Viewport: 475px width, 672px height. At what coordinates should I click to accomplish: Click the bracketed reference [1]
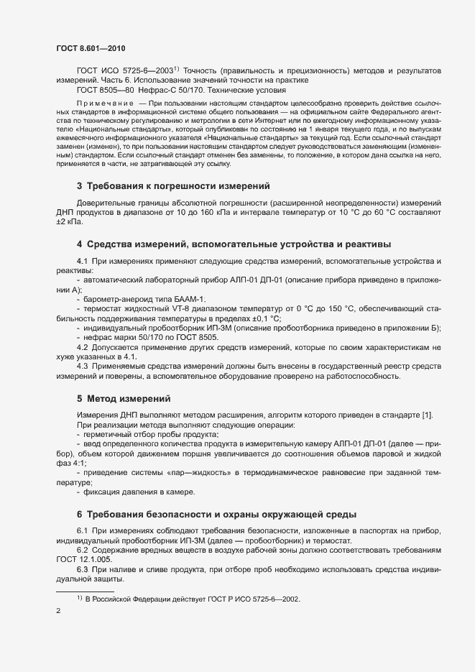tap(426, 417)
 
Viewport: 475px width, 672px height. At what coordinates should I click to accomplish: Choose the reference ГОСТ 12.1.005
tap(86, 558)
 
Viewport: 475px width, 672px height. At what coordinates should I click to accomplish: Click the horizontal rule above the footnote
tap(85, 591)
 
